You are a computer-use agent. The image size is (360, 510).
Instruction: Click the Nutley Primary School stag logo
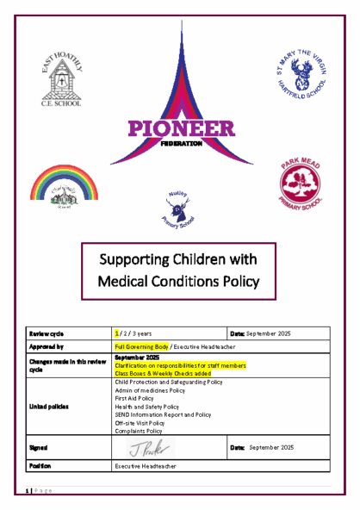tap(179, 207)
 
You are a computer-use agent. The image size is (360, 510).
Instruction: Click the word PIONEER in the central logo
tap(180, 130)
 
